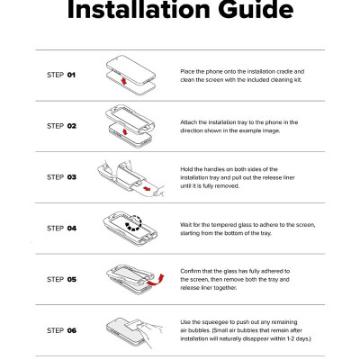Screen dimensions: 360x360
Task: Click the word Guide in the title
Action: click(x=256, y=10)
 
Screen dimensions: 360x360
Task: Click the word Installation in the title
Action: click(x=138, y=9)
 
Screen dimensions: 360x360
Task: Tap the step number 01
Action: click(x=71, y=75)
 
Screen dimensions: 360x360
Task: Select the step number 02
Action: click(x=72, y=126)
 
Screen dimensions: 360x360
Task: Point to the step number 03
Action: click(x=72, y=177)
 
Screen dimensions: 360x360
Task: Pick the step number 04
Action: click(x=72, y=229)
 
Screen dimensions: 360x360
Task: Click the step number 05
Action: click(x=72, y=280)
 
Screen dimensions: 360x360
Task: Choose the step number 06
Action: click(x=72, y=330)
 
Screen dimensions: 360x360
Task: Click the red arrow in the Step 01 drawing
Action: click(x=122, y=81)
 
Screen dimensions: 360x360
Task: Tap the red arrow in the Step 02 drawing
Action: click(x=125, y=131)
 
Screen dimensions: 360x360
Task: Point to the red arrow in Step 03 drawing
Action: click(x=147, y=189)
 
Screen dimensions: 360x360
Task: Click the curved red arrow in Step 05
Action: click(x=156, y=281)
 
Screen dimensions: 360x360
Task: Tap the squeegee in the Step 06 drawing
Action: click(x=134, y=326)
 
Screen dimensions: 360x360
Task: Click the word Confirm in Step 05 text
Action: click(x=190, y=271)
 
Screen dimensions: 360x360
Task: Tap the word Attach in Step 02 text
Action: click(x=188, y=122)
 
